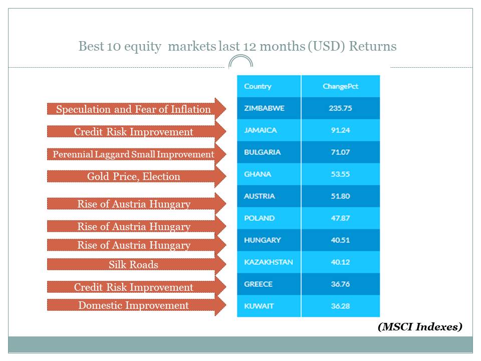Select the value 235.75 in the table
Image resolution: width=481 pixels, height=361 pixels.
[x=340, y=108]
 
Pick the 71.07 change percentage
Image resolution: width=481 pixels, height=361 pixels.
[x=340, y=152]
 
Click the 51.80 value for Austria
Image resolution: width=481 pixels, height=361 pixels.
[x=340, y=196]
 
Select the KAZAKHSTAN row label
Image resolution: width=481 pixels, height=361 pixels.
[x=269, y=262]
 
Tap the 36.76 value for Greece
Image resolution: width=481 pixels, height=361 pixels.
[x=340, y=284]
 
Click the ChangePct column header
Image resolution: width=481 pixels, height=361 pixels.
[x=340, y=87]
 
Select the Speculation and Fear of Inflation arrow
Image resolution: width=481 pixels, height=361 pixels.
[x=136, y=109]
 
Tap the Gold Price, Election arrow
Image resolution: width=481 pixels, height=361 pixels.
[x=136, y=176]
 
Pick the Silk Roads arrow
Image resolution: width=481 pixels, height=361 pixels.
[x=136, y=264]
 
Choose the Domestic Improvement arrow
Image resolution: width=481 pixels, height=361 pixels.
[x=136, y=305]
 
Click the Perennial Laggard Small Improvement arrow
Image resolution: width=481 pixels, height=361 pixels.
[x=136, y=154]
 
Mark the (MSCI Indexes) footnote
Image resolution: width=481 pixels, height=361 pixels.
[x=420, y=326]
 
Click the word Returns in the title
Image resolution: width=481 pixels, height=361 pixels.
[x=373, y=46]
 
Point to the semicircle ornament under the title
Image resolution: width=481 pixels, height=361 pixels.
[x=241, y=61]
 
